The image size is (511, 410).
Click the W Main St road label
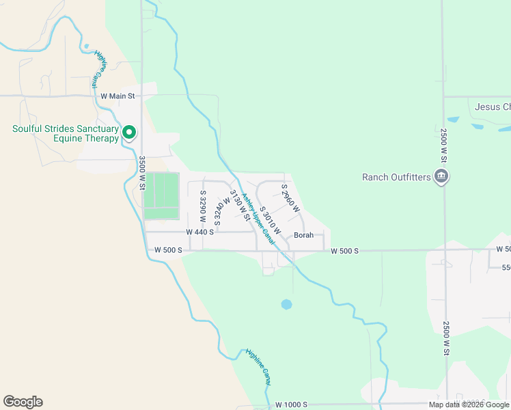coord(118,96)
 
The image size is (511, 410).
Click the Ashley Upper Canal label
coord(258,219)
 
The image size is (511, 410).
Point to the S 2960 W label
coord(290,198)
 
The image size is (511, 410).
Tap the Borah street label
coord(303,235)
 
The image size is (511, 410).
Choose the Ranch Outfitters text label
coord(396,178)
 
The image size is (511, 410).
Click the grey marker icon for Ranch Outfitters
coord(441,177)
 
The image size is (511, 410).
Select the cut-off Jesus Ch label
coord(493,107)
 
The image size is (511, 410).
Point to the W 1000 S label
coord(292,405)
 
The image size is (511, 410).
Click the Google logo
coord(23,402)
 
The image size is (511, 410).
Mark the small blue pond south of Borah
coord(286,304)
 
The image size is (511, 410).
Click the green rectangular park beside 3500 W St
coord(161,195)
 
